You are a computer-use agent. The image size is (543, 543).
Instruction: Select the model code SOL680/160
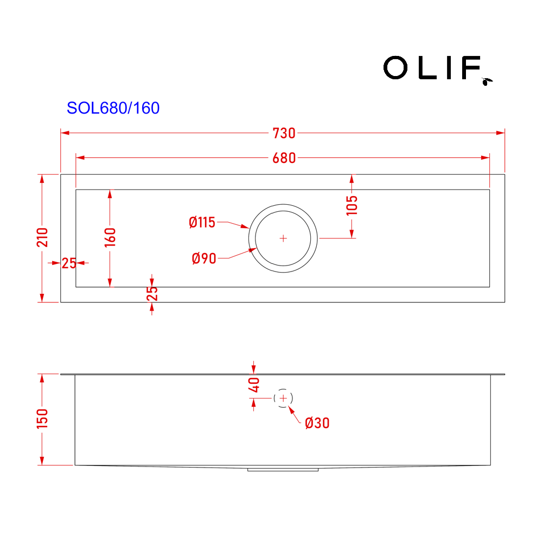(113, 108)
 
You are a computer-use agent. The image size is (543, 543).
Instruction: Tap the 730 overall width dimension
(284, 133)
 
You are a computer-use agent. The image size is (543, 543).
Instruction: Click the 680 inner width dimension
(284, 158)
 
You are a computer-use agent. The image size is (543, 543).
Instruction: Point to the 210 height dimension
(43, 237)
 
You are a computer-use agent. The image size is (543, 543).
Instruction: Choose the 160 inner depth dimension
(110, 237)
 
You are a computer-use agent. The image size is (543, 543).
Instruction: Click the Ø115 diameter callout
(202, 222)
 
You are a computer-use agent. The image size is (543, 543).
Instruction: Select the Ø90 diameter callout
(204, 258)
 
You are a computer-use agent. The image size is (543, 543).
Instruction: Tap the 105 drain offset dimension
(352, 205)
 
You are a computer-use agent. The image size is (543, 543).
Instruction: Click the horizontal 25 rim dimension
(69, 263)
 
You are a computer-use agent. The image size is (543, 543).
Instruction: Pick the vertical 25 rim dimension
(152, 293)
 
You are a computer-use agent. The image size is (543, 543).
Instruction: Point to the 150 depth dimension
(43, 419)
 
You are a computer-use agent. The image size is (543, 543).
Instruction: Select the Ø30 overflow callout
(317, 423)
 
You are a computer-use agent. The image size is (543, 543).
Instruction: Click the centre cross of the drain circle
(283, 238)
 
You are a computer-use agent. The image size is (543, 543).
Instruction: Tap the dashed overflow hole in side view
(283, 399)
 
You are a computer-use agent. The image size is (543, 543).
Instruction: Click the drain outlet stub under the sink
(283, 469)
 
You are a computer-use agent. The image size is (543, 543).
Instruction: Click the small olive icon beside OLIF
(487, 81)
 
